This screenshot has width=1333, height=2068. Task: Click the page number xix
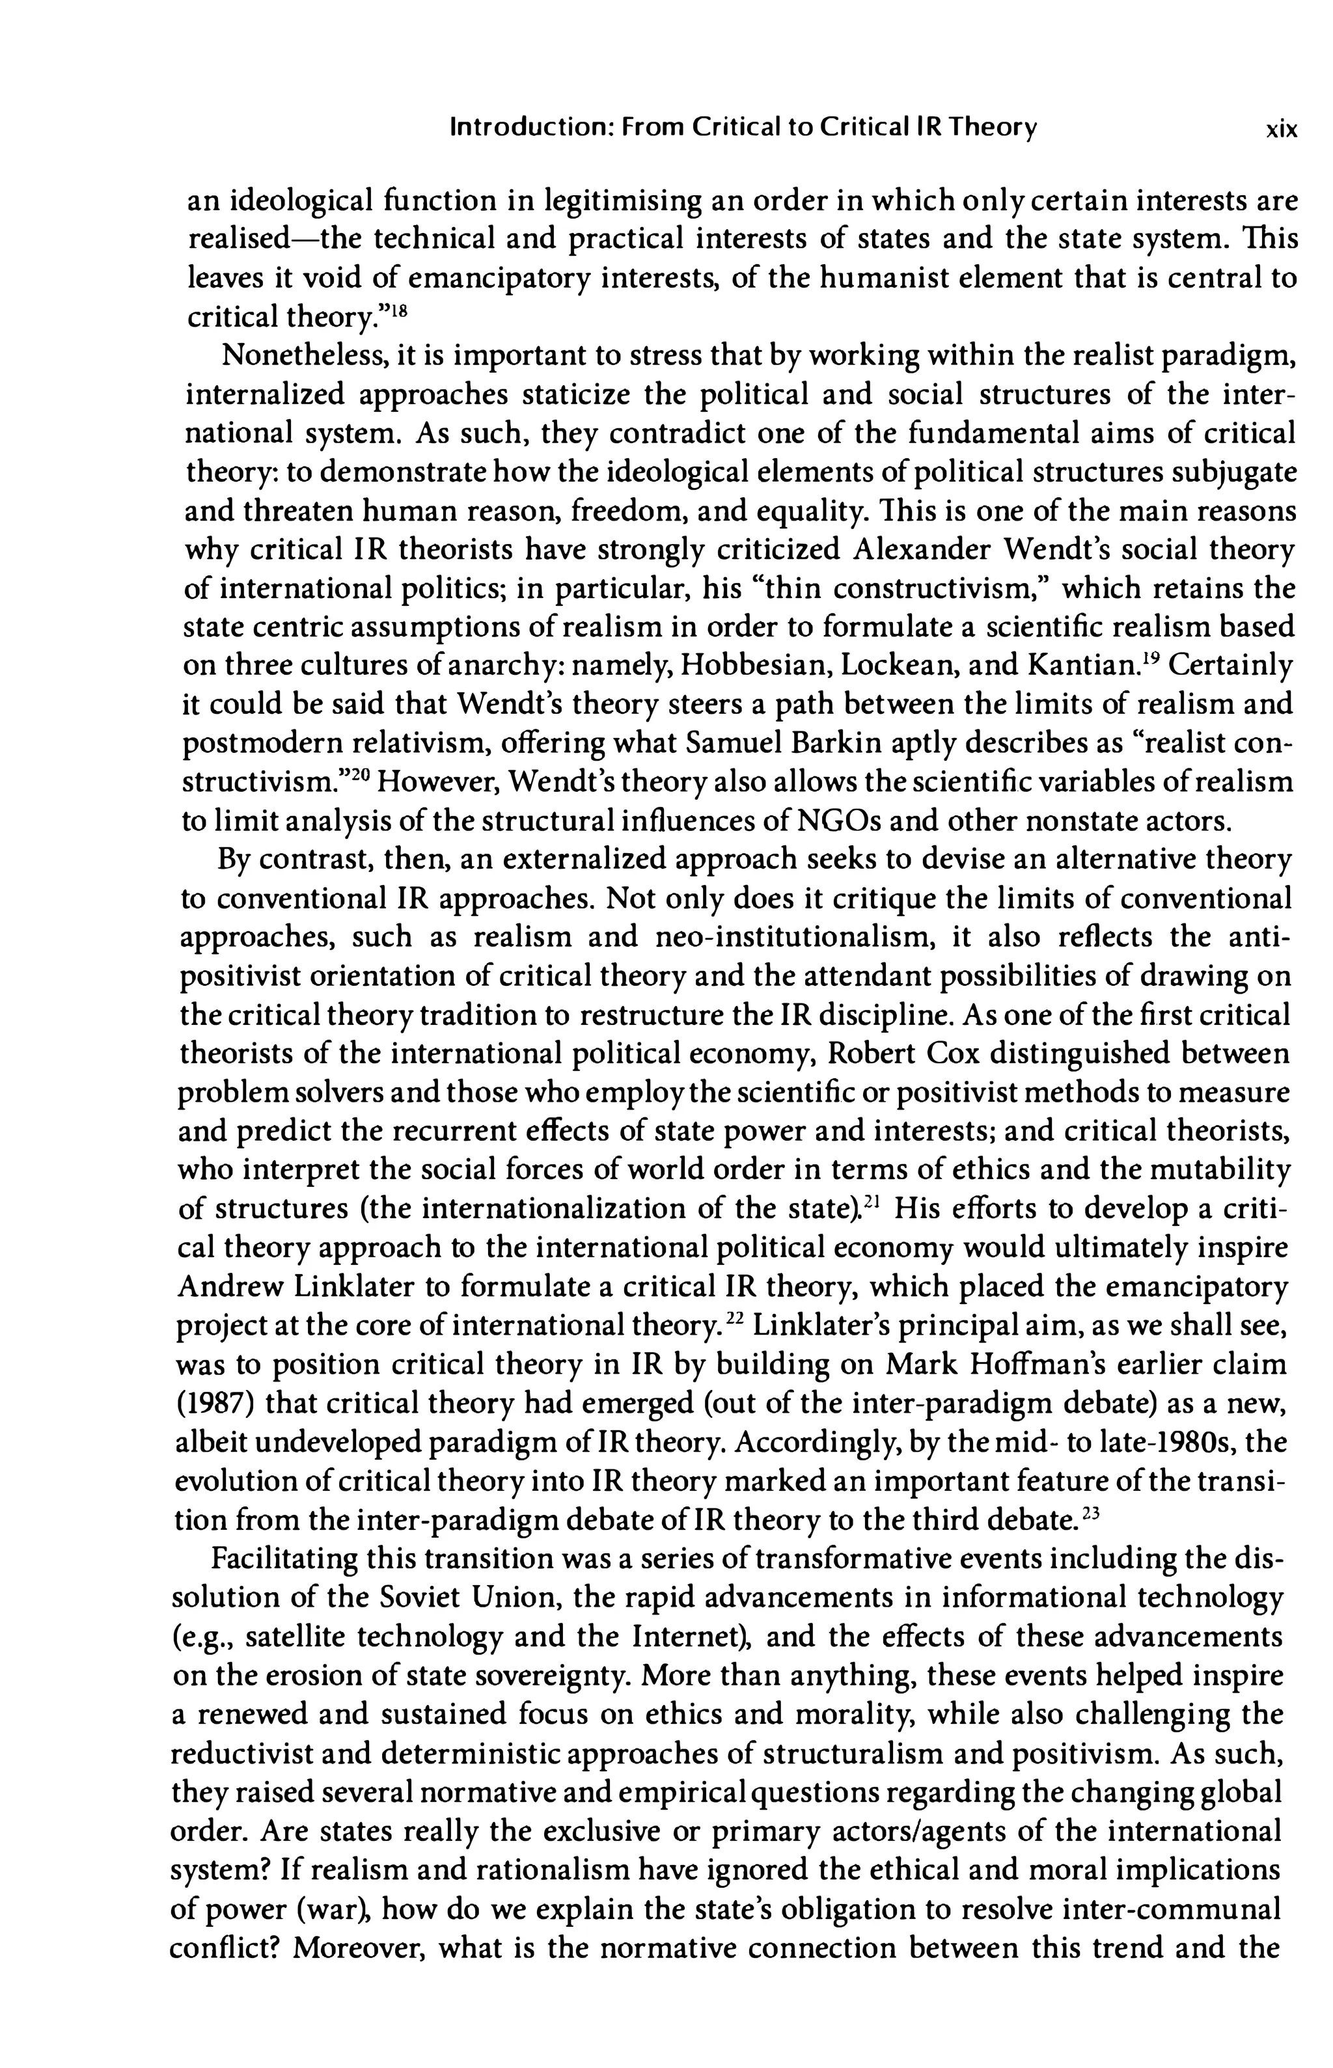1281,129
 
